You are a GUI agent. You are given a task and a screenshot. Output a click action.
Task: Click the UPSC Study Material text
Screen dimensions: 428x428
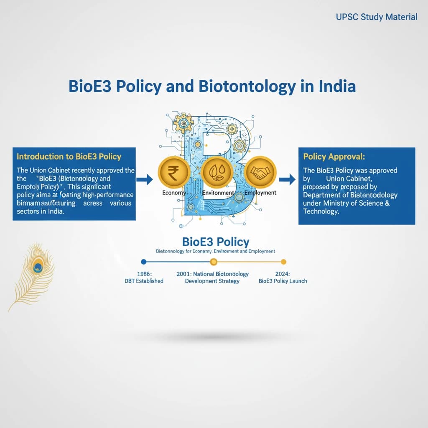tap(377, 17)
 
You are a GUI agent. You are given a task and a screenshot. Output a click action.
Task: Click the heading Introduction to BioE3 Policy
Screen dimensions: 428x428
tap(69, 157)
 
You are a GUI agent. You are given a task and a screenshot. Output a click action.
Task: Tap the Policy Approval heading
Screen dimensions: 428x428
tap(334, 157)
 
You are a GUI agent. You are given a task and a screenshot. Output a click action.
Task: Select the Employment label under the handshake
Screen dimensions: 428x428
tap(260, 193)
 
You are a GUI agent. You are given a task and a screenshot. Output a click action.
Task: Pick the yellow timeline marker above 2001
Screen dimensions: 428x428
tap(214, 262)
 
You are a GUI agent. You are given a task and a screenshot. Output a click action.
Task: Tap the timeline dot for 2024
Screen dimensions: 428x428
tap(283, 262)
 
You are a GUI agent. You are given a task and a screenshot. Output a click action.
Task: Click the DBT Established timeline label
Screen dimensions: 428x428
tap(144, 281)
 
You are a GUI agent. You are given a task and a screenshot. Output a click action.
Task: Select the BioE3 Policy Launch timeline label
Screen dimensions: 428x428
tap(283, 281)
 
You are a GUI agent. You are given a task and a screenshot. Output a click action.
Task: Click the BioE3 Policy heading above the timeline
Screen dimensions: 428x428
tap(216, 242)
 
